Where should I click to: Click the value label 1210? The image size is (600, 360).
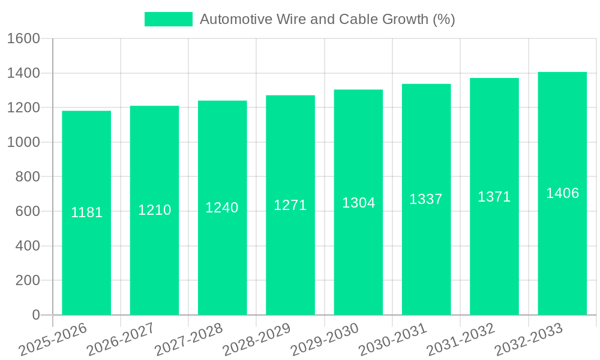[x=155, y=210]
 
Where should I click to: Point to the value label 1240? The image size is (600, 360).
[x=222, y=208]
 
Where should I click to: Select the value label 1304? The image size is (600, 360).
[x=359, y=203]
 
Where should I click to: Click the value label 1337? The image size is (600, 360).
[x=426, y=199]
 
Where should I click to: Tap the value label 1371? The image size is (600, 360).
[x=494, y=197]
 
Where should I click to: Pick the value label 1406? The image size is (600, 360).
[x=562, y=193]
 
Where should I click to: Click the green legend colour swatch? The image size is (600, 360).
[x=169, y=19]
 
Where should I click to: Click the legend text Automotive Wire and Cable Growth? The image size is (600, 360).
[x=327, y=19]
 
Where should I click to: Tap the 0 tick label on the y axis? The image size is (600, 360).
[x=36, y=315]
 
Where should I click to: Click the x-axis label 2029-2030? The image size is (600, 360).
[x=325, y=340]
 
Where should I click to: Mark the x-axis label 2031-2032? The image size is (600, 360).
[x=461, y=340]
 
